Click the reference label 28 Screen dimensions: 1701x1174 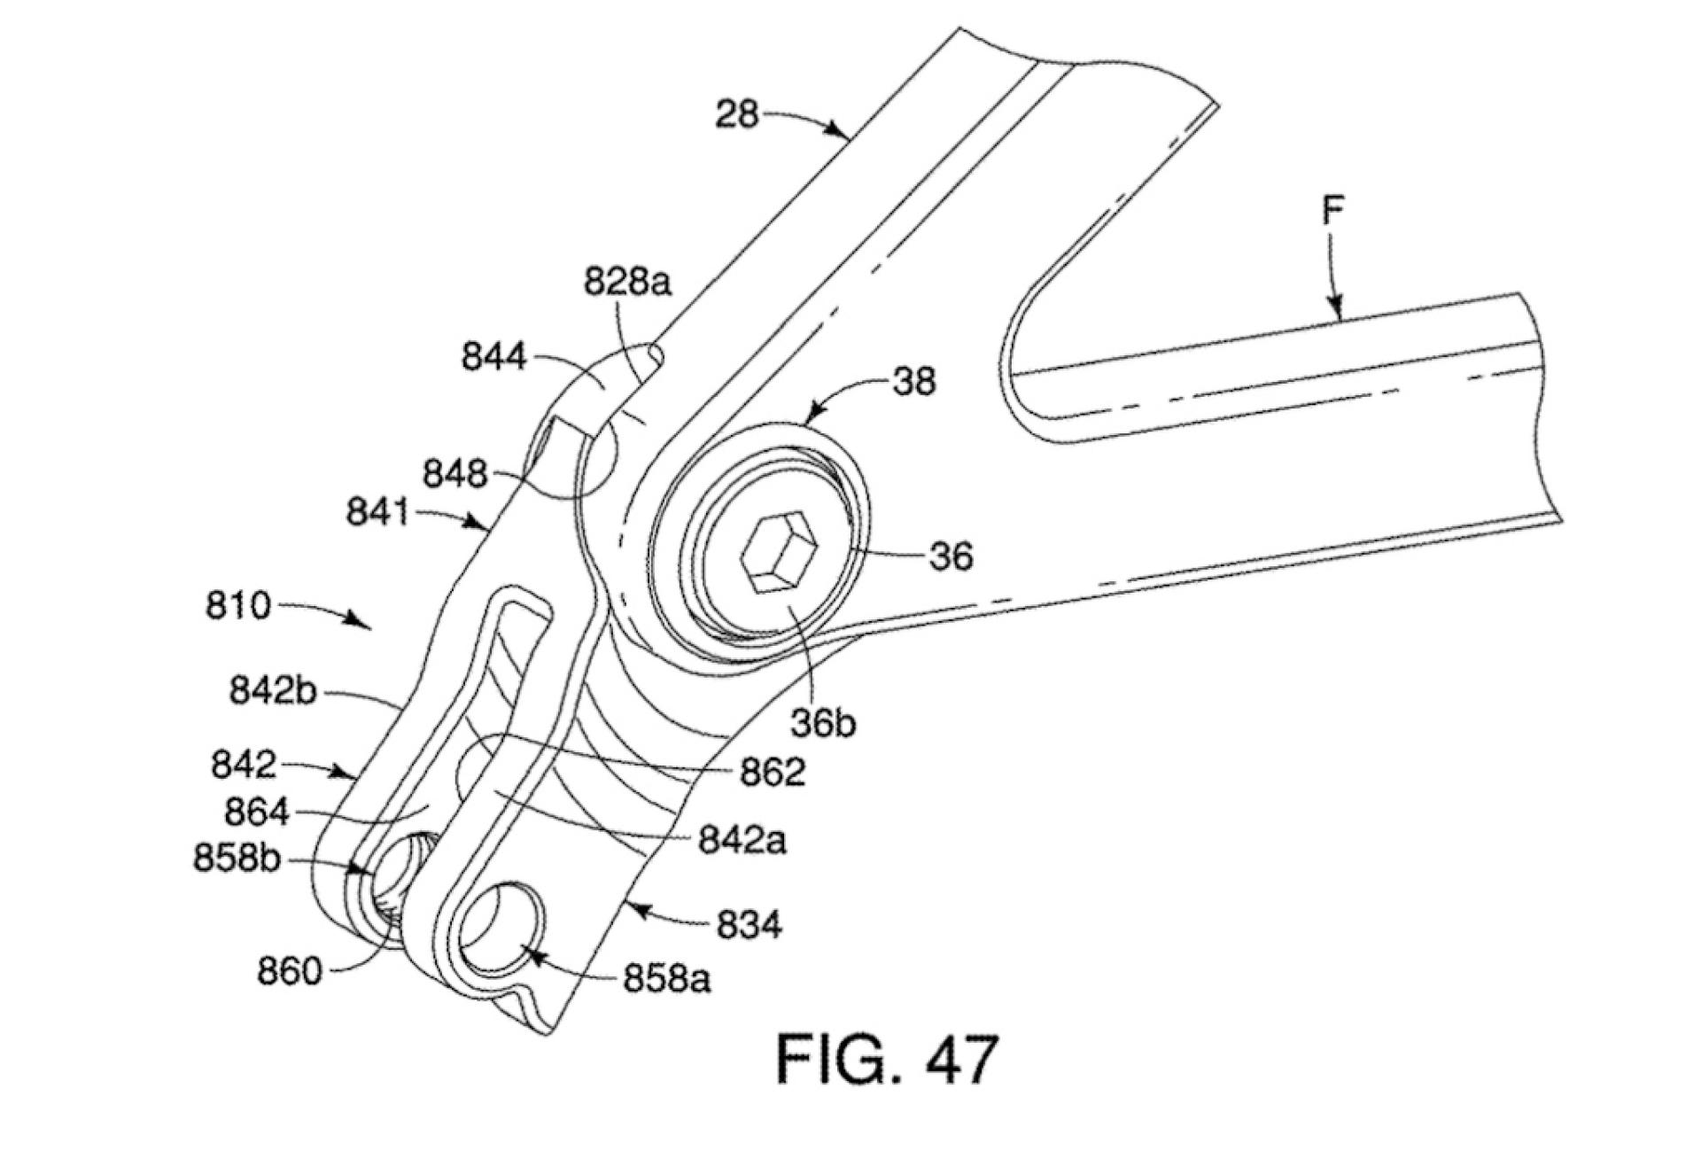737,114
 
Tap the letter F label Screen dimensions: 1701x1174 1333,211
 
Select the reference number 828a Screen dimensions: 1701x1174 628,282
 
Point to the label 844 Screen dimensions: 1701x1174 494,357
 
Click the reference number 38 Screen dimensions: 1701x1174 913,382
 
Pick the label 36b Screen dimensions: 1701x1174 824,724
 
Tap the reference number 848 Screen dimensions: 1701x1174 454,474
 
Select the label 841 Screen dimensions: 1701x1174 378,512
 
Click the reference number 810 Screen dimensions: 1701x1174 238,606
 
